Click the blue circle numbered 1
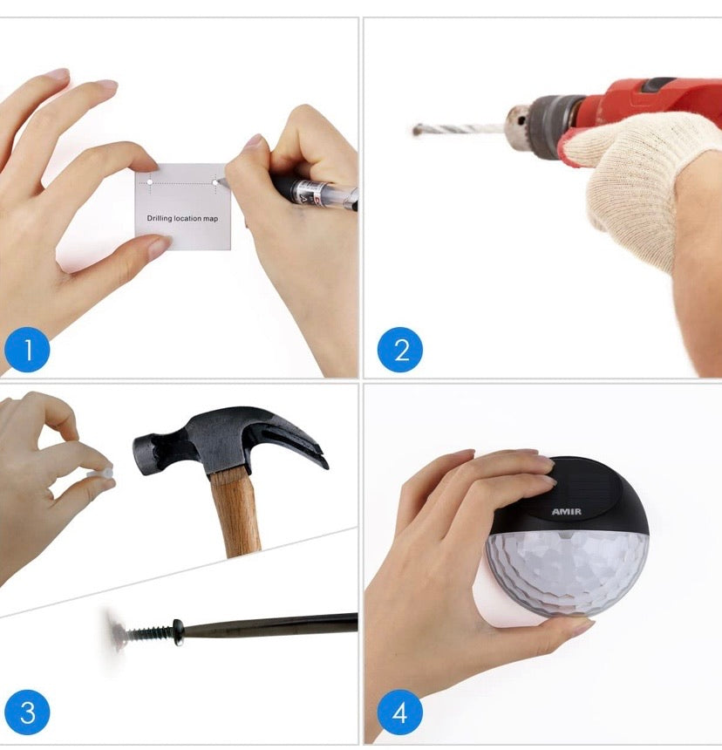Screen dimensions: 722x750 pos(27,350)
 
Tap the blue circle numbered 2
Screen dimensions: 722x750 pos(400,350)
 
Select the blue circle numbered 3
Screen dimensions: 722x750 pos(27,712)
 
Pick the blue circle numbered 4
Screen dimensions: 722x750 pos(400,712)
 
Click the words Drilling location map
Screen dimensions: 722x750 pos(182,219)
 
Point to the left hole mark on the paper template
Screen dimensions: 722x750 pos(150,182)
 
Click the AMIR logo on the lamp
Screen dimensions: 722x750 pos(567,512)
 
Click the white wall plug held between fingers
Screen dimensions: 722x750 pos(100,473)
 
